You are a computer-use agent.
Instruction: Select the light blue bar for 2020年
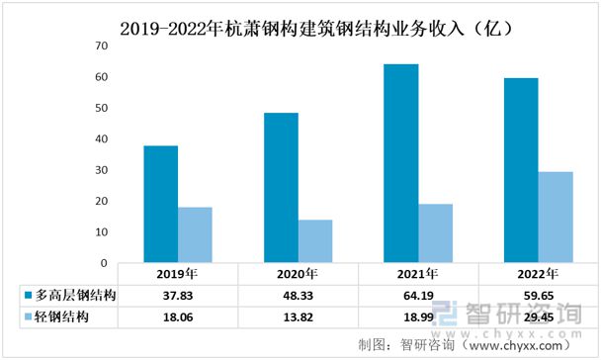315,241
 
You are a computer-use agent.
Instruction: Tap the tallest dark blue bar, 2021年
401,163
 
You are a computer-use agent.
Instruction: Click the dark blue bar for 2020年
281,188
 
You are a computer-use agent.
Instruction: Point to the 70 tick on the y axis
99,46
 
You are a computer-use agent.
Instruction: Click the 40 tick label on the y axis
99,139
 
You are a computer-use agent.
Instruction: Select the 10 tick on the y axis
99,232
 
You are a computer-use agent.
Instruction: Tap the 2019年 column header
177,274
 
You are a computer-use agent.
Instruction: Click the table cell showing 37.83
177,296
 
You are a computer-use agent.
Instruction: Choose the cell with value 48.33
298,296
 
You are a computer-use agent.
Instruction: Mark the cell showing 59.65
538,296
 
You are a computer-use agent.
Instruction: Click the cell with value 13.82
298,317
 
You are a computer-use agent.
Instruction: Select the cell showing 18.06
177,317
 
